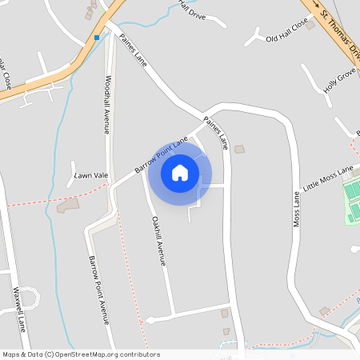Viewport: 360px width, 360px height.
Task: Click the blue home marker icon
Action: [x=180, y=172]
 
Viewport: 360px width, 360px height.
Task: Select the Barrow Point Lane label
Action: [x=161, y=154]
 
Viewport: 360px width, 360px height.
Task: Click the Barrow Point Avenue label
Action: [x=98, y=290]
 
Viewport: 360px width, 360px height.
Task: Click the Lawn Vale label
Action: [x=90, y=175]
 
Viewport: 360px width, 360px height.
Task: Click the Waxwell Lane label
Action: [x=17, y=315]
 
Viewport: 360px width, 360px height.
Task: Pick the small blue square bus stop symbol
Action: [x=97, y=38]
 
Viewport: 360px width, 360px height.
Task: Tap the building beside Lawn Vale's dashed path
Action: [x=68, y=206]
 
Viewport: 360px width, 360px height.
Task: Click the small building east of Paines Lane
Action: [x=238, y=149]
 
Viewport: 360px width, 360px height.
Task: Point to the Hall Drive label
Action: [x=192, y=10]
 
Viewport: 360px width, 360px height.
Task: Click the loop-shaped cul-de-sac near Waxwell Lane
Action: [x=28, y=298]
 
